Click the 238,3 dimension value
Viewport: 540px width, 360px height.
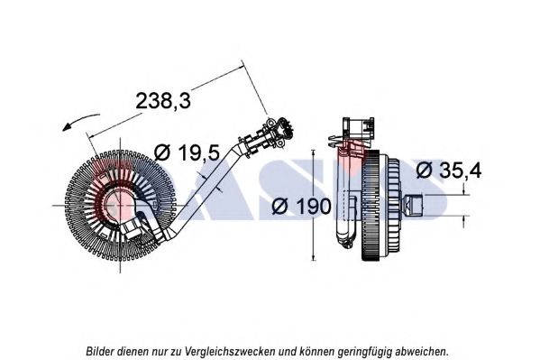(x=163, y=101)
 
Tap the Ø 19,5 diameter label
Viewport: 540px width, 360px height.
(x=187, y=152)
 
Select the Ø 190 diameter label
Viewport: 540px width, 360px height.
(x=301, y=207)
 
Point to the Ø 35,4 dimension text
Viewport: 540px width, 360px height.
(x=449, y=170)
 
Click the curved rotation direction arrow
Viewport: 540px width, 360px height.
(x=80, y=120)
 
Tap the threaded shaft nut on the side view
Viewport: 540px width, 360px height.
(x=414, y=205)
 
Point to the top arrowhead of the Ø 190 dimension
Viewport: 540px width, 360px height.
(x=313, y=153)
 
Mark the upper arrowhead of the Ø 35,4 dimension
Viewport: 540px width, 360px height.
(x=464, y=190)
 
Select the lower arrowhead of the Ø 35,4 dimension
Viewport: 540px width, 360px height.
(x=464, y=220)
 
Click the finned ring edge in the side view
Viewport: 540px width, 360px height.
(x=371, y=206)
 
